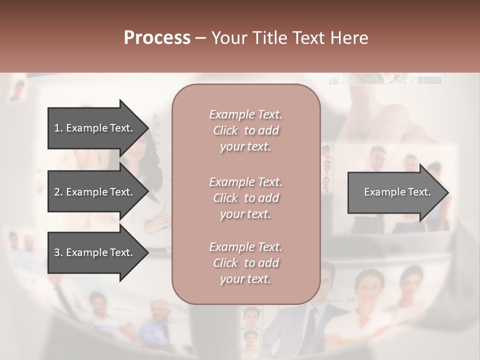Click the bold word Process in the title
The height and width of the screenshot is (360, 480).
(157, 38)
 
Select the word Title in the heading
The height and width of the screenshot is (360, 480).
(270, 38)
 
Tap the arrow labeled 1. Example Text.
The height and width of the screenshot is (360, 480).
(95, 128)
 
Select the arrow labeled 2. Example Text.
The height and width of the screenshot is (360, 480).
(95, 192)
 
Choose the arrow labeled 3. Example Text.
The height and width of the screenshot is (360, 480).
(95, 252)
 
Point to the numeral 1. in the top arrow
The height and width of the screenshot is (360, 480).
(58, 128)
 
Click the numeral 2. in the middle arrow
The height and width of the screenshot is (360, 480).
(58, 192)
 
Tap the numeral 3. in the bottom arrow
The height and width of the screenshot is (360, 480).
(58, 252)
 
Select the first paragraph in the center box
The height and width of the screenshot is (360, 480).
(245, 130)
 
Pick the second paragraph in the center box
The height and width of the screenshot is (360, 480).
(245, 198)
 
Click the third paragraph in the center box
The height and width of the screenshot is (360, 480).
(245, 263)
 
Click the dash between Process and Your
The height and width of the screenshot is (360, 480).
(201, 38)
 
